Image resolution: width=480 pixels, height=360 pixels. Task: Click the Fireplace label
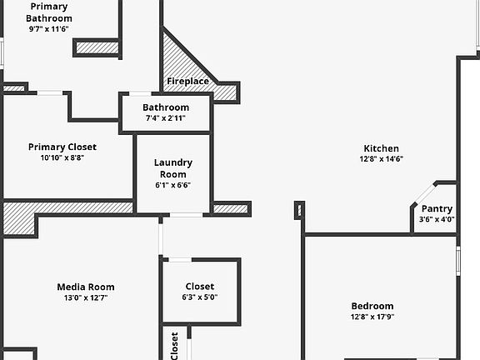[x=188, y=81]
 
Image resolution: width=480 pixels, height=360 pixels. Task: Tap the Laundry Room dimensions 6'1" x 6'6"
[x=173, y=185]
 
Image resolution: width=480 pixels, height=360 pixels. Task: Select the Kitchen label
[x=381, y=148]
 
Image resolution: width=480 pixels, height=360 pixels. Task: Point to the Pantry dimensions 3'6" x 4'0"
[x=437, y=219]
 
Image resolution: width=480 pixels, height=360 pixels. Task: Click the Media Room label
[x=86, y=287]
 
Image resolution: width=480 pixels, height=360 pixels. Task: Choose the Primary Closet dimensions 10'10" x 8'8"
[x=62, y=157]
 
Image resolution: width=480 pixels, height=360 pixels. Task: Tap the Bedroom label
[x=372, y=306]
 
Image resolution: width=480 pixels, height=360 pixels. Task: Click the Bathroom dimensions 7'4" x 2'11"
[x=166, y=117]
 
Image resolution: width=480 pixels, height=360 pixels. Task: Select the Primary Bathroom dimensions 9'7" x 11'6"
[x=48, y=29]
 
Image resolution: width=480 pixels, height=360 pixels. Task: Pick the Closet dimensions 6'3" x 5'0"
[x=200, y=297]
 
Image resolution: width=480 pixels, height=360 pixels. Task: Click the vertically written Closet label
[x=174, y=346]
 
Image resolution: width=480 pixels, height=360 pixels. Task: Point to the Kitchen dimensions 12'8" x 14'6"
[x=381, y=159]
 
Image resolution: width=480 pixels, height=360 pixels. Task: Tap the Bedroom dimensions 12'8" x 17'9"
[x=372, y=317]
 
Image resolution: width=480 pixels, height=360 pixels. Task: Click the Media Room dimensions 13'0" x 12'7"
[x=86, y=297]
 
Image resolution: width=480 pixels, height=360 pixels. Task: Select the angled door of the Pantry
[x=424, y=194]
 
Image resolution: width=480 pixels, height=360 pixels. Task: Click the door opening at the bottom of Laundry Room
[x=187, y=215]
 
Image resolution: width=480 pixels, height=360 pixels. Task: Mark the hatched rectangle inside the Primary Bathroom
[x=97, y=47]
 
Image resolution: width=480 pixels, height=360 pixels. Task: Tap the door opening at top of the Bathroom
[x=140, y=93]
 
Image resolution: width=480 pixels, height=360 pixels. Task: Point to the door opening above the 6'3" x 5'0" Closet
[x=180, y=260]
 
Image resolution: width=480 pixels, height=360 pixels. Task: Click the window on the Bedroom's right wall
[x=458, y=261]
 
